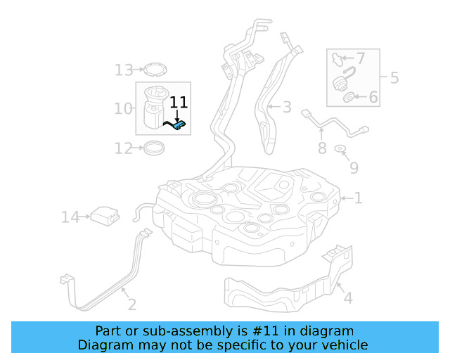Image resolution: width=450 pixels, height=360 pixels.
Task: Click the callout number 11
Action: coord(179,103)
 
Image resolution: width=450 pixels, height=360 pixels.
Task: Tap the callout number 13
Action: coord(124,70)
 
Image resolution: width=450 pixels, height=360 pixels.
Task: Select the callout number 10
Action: coord(123,108)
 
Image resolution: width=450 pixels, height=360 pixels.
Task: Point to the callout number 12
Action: coord(124,148)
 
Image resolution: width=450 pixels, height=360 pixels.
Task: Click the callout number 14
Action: coord(70,217)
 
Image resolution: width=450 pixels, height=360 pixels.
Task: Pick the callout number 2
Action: coord(131,304)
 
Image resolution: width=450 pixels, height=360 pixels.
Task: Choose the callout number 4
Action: coord(347,298)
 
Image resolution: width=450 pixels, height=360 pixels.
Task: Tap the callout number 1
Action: coord(359,198)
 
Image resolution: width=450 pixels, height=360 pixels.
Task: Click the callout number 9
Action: coord(354,167)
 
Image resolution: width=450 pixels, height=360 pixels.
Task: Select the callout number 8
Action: coord(322,148)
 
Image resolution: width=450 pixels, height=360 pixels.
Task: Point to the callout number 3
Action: coord(287,107)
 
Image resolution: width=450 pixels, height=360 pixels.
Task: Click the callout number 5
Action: coord(394,77)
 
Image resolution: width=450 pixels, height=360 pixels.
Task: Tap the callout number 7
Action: coord(360,58)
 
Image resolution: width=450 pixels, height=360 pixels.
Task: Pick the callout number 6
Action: coord(373,97)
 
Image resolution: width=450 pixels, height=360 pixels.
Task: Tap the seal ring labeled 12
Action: coord(154,148)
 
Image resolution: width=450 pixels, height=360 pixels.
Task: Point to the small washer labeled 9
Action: coord(340,149)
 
